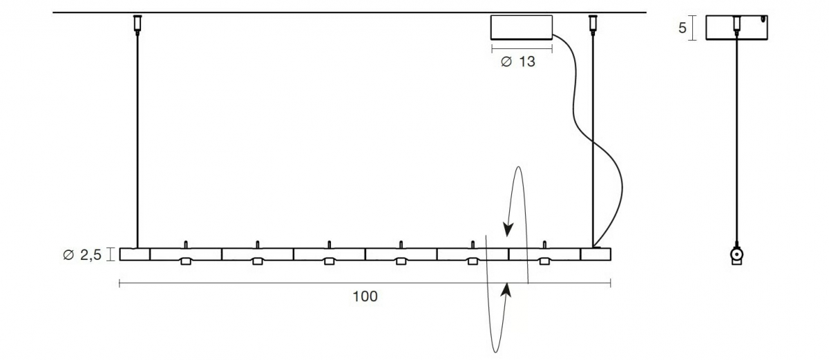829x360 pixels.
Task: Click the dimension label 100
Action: pos(365,296)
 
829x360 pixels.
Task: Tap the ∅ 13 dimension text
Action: pos(517,61)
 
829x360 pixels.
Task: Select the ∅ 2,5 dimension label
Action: pos(82,254)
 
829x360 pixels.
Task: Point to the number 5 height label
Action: pos(682,28)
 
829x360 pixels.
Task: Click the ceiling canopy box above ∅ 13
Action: pos(522,28)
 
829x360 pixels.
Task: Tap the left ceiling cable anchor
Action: pos(137,24)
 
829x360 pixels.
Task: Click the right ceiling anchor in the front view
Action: pos(593,24)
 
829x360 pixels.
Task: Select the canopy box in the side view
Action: pos(736,28)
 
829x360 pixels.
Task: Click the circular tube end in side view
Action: pos(736,254)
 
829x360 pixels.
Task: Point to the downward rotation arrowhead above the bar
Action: pos(508,230)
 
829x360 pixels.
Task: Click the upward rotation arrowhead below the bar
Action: pos(506,290)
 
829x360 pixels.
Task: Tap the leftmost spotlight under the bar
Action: pos(186,261)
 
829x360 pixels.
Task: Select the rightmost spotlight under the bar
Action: pos(544,261)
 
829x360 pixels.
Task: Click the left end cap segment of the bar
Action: pos(135,254)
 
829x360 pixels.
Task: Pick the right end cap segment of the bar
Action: pos(595,254)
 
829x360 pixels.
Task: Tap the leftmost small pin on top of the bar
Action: pos(186,245)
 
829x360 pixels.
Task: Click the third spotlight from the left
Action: pos(329,261)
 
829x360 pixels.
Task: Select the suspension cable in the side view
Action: pos(736,140)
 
